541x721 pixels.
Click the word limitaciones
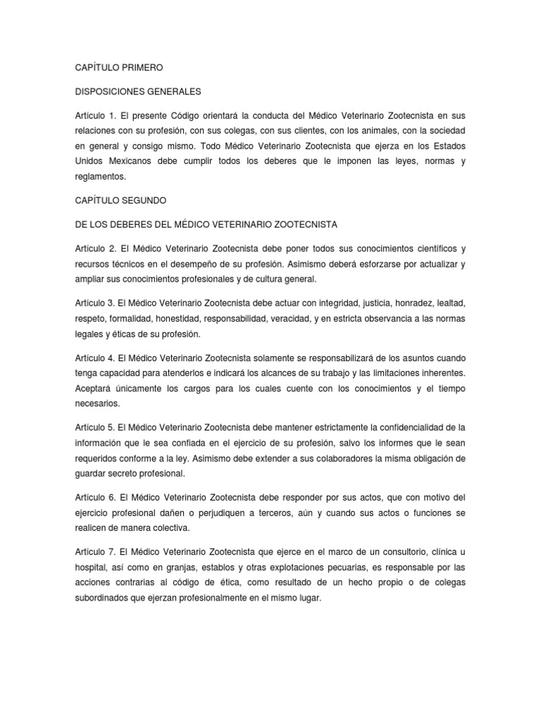pos(402,372)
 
